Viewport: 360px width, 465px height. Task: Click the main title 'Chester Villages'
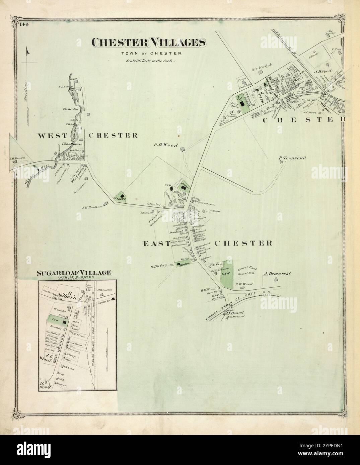(x=149, y=42)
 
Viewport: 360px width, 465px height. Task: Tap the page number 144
(x=24, y=24)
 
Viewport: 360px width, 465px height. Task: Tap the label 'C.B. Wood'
(x=165, y=145)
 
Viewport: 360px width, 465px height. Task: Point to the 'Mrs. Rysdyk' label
(x=260, y=71)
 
